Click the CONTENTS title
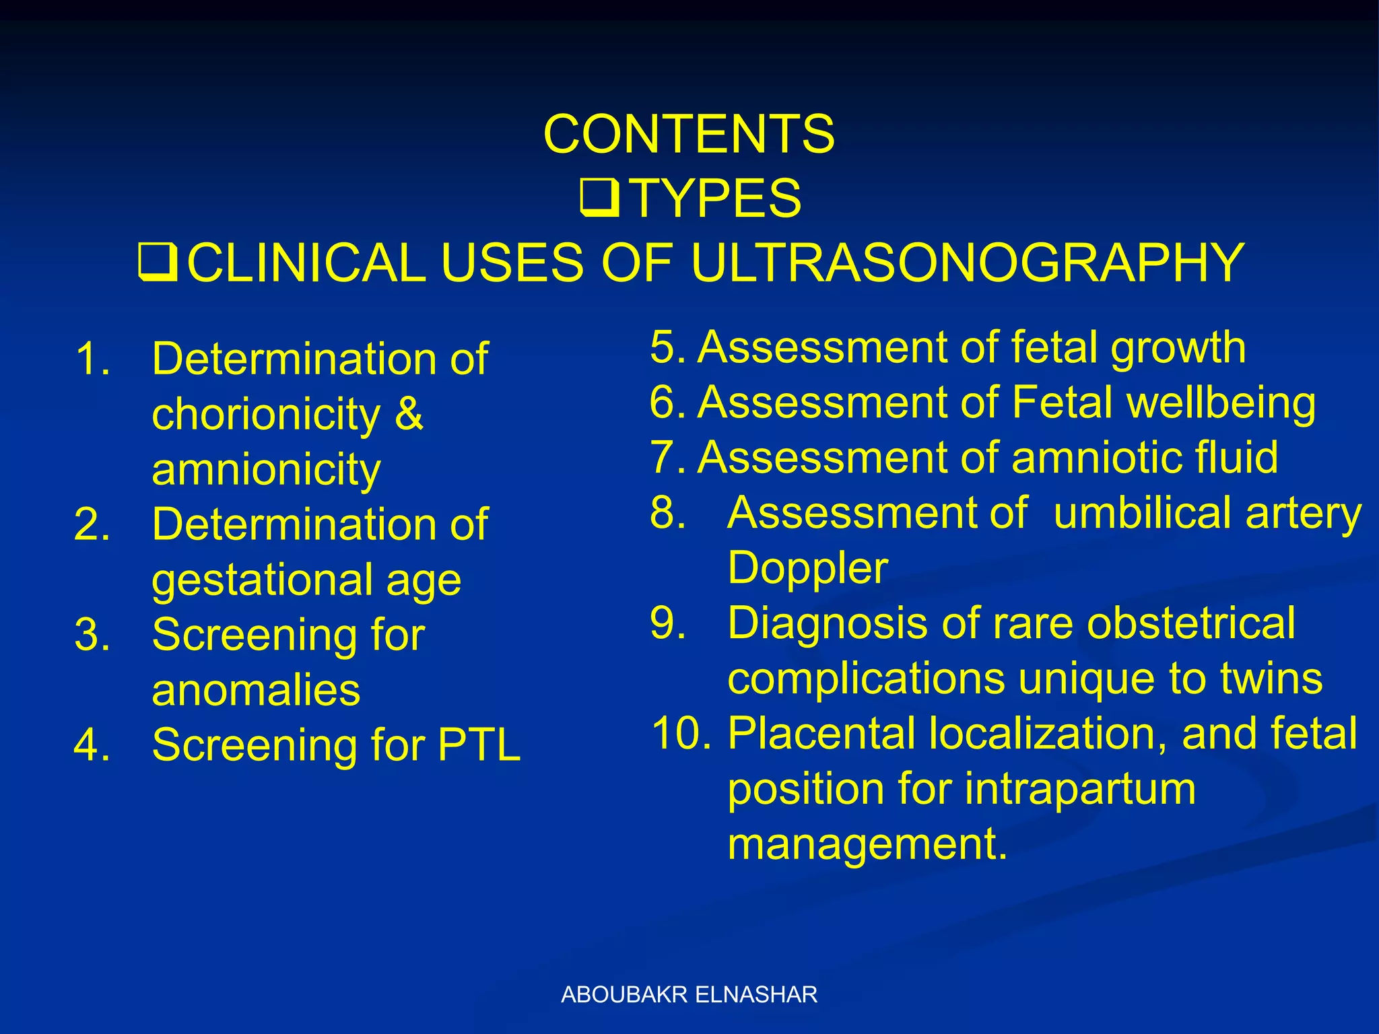pos(689,133)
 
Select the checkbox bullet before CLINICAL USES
pos(158,263)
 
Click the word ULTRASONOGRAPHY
pos(967,263)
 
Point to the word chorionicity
pos(266,415)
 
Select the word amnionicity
pos(266,469)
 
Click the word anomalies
pos(256,691)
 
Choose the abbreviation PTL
pos(479,745)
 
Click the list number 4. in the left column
pos(92,745)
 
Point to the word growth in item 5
pos(1178,349)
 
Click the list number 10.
pos(681,734)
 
